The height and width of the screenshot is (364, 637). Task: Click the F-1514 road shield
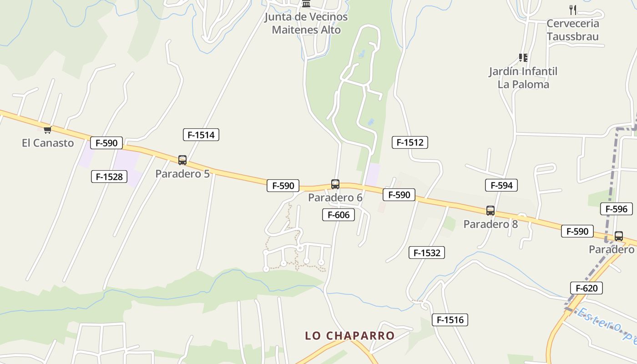(x=201, y=135)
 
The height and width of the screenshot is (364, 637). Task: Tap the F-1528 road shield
(x=109, y=177)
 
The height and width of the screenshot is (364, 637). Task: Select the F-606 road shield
(x=338, y=215)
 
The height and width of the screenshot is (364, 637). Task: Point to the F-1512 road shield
(x=409, y=142)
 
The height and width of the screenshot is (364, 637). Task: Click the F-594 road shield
(x=501, y=185)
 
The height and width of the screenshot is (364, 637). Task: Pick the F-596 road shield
(x=616, y=209)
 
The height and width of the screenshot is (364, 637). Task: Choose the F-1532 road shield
(x=426, y=253)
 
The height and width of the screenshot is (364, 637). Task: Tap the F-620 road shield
(x=586, y=288)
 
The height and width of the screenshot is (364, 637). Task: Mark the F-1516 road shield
(x=450, y=320)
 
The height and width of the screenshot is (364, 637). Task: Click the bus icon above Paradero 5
(x=182, y=160)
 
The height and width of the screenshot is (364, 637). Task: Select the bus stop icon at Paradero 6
(x=335, y=184)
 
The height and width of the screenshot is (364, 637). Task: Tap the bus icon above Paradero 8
(x=490, y=211)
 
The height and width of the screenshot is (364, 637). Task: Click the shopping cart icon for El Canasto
(x=47, y=130)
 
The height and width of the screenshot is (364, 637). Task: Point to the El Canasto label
(x=48, y=143)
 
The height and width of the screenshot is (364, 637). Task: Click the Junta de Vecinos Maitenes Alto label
(x=306, y=23)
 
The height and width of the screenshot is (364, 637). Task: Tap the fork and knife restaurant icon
(x=573, y=10)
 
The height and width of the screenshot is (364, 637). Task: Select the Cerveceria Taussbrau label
(x=573, y=30)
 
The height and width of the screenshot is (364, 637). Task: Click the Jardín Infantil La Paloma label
(x=523, y=78)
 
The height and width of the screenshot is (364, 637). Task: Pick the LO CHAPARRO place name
(x=349, y=336)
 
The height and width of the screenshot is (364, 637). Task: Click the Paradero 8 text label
(x=490, y=224)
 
